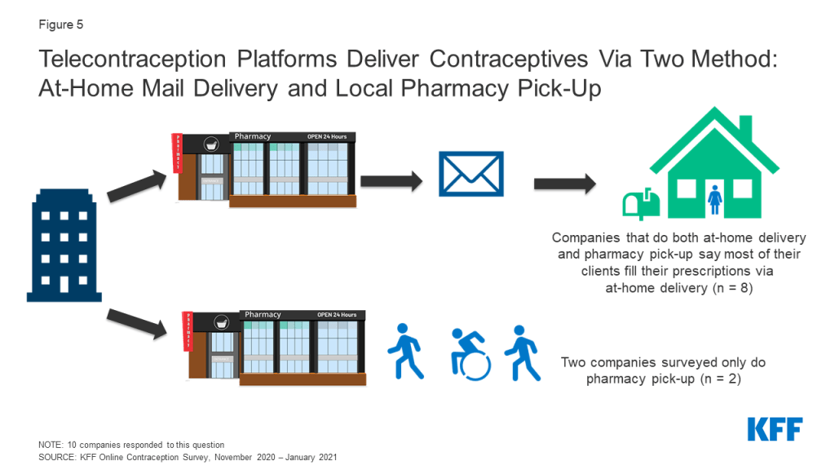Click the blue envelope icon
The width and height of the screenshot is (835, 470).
point(471,174)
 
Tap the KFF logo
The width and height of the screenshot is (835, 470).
point(775,429)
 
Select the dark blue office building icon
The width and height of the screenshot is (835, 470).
point(64,245)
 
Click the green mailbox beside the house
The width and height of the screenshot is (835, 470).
point(641,203)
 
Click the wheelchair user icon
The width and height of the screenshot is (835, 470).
point(470,354)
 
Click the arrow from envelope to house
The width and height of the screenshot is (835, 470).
point(565,184)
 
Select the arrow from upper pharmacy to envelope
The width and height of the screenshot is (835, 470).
point(391,181)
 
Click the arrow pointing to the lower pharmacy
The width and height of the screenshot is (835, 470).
point(137,323)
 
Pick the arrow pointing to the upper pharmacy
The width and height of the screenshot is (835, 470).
point(137,185)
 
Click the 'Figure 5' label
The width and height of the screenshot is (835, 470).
point(60,24)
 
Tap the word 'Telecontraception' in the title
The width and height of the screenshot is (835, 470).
point(133,59)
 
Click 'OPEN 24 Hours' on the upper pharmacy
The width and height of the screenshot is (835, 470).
point(327,137)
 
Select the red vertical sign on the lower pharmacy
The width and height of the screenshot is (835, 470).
point(188,331)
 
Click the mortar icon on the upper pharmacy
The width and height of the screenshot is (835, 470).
point(211,144)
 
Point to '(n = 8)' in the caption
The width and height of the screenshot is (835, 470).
point(733,288)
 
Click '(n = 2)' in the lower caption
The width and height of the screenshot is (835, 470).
point(721,379)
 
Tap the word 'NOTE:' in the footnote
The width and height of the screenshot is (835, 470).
point(51,445)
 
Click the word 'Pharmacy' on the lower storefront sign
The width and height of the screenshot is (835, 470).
point(263,314)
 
